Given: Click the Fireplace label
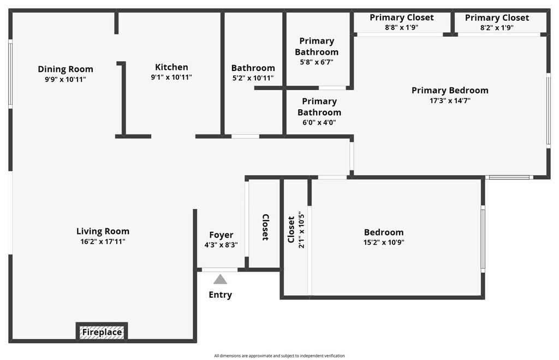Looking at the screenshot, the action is click(102, 332).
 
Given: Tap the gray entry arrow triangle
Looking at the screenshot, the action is click(220, 279).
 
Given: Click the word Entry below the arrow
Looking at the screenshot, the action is click(220, 295).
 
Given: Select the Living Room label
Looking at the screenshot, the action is click(103, 231).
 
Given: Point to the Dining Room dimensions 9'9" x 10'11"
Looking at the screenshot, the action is click(66, 79).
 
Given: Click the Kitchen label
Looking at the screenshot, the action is click(171, 67).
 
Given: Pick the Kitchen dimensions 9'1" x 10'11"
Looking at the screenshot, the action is click(171, 78).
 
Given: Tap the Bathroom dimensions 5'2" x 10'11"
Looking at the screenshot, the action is click(253, 78).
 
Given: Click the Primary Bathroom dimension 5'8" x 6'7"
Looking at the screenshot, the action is click(317, 62).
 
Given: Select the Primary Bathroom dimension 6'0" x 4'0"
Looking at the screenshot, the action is click(319, 122).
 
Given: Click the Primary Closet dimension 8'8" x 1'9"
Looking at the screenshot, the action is click(402, 27).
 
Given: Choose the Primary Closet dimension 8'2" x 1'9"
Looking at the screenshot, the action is click(497, 27).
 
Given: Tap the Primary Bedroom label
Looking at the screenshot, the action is click(450, 90).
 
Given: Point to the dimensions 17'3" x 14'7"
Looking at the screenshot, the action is click(450, 101).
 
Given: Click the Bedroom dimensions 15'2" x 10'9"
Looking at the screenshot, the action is click(384, 243).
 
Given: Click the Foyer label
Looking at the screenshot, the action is click(221, 235).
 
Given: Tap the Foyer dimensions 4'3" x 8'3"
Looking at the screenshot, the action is click(221, 245).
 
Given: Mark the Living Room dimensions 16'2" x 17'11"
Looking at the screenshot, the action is click(103, 241).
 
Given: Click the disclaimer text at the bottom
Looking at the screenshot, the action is click(279, 356).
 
